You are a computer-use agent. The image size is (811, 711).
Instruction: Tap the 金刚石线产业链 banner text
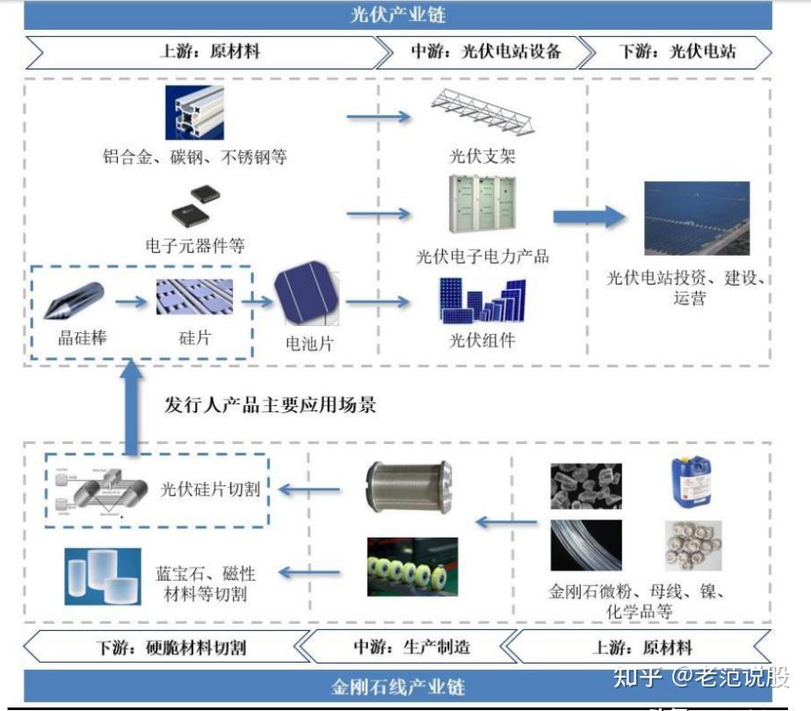pyautogui.click(x=397, y=686)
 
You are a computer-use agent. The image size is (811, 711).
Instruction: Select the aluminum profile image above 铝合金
pyautogui.click(x=194, y=113)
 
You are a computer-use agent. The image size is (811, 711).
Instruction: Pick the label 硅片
pyautogui.click(x=194, y=337)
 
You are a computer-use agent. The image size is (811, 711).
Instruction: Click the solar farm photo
pyautogui.click(x=697, y=218)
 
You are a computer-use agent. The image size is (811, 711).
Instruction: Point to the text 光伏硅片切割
pyautogui.click(x=210, y=490)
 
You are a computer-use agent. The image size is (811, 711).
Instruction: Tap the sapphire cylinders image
pyautogui.click(x=103, y=576)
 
